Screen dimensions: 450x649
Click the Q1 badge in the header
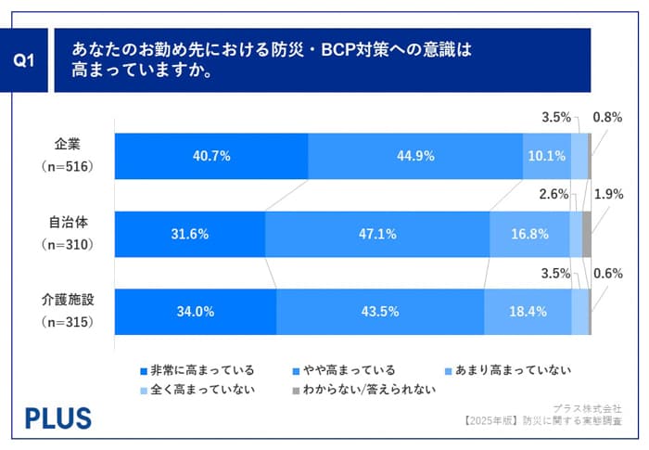(25, 60)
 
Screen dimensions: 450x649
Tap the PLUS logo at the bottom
(58, 417)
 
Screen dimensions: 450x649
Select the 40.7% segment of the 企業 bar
(211, 155)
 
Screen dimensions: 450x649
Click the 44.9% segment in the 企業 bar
(415, 155)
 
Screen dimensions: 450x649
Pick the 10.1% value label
(546, 155)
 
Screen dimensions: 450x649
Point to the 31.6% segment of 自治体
(190, 234)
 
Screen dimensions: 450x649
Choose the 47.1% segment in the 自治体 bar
(377, 234)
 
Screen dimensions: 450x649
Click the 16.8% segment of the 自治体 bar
(529, 234)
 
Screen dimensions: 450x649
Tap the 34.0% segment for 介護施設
(196, 312)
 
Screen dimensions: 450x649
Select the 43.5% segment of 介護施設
(380, 312)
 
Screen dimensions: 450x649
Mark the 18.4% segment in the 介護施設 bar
(528, 312)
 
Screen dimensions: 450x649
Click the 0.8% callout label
(606, 118)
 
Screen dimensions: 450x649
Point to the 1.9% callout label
(606, 195)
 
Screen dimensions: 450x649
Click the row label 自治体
(68, 223)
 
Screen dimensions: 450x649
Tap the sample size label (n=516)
(68, 166)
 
